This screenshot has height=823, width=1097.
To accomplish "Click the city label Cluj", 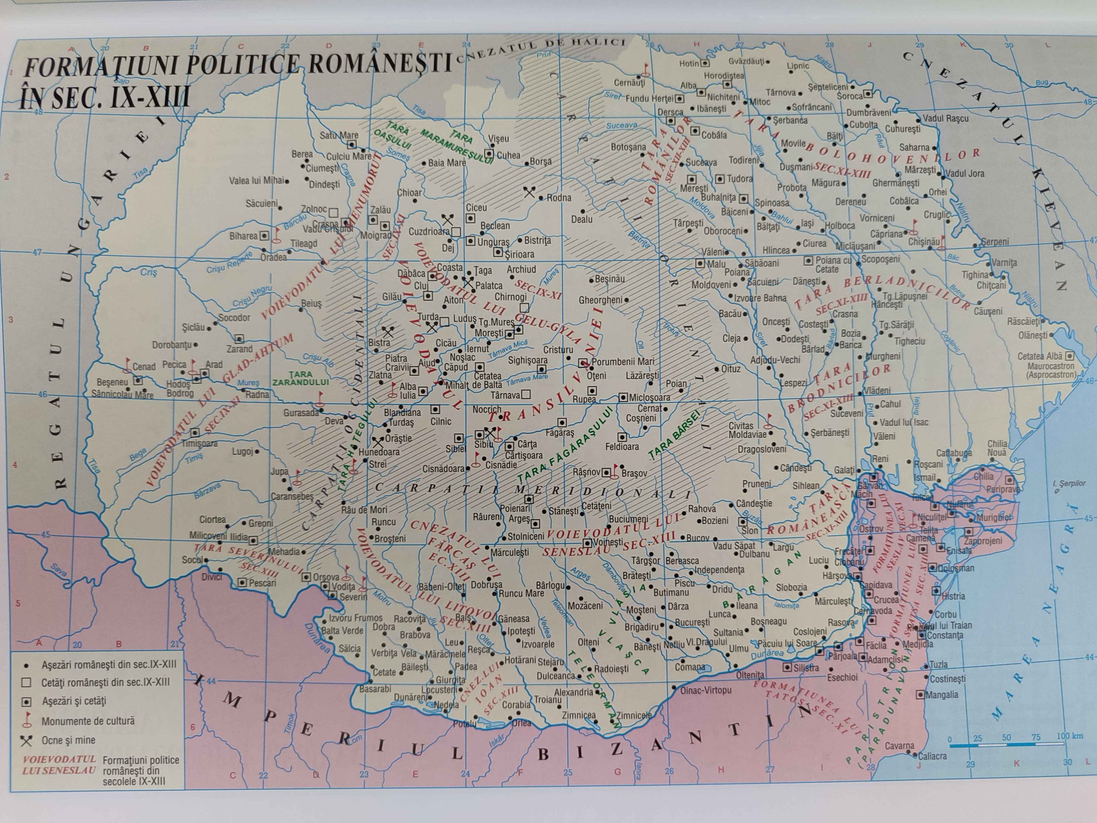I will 421,286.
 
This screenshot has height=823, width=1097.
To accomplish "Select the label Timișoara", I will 199,443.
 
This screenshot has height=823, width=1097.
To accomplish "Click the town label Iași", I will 807,223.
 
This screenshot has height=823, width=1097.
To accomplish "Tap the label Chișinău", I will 923,242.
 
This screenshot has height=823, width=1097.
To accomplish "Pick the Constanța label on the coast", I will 945,635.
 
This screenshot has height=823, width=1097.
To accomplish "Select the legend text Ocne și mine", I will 69,740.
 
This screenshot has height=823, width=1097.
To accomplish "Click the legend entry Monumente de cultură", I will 88,721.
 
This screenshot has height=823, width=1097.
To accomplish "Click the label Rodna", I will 559,198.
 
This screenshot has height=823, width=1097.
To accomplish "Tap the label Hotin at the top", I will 689,63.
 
